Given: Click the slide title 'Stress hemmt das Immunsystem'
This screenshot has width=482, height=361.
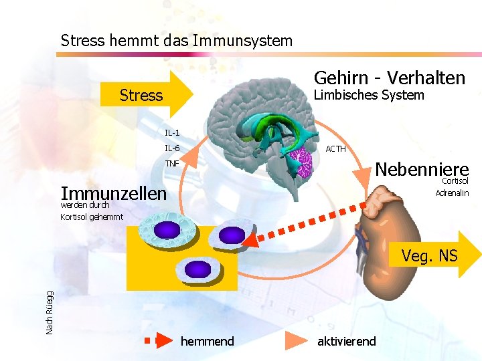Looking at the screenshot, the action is point(177,41).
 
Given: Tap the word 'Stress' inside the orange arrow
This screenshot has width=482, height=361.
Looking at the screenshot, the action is point(141,96).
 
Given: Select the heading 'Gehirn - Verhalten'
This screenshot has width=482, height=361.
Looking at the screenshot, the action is point(389,78).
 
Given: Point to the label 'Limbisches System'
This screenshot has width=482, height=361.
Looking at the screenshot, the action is point(369,96).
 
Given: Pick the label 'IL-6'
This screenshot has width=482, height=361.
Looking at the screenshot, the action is point(172,148).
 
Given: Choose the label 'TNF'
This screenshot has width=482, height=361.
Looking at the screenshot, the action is point(172,164).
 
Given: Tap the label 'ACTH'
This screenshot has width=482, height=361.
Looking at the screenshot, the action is point(335,149).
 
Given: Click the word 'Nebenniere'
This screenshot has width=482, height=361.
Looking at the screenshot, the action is point(421,168).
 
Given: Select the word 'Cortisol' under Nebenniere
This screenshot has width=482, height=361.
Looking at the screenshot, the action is point(455,181).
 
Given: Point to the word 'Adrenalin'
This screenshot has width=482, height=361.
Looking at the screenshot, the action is point(452,193).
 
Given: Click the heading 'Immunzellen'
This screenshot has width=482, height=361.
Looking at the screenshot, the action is point(113,193).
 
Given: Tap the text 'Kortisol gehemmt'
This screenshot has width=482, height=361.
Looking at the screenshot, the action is point(92,217).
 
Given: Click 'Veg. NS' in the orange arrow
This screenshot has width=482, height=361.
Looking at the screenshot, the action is point(429,255).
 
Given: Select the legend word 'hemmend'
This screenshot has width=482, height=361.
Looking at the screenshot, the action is point(208,342).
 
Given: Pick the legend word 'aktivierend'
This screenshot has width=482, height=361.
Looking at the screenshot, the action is point(346,342).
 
